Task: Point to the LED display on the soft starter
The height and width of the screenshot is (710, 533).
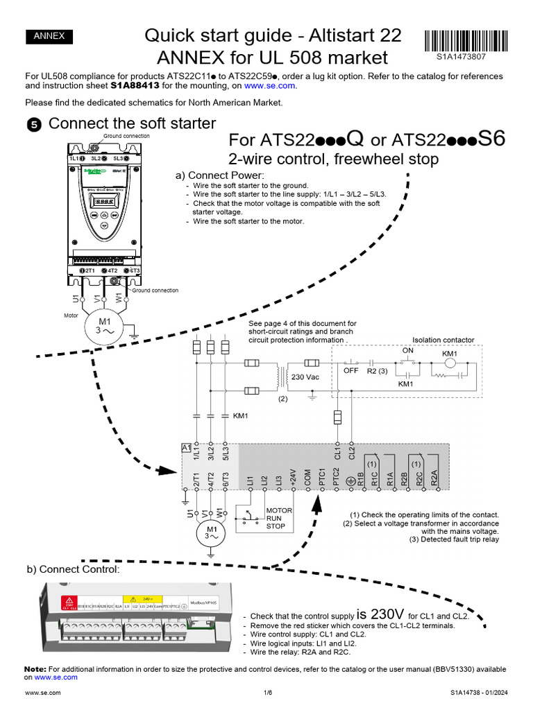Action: click(105, 202)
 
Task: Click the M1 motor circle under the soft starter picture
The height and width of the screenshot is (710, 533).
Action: click(104, 325)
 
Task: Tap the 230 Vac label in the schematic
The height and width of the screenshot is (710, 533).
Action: click(306, 377)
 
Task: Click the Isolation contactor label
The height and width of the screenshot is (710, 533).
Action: click(443, 340)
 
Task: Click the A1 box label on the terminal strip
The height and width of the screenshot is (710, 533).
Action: click(186, 449)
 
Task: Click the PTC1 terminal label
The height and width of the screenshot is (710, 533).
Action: click(322, 478)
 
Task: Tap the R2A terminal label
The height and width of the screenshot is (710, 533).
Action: click(434, 478)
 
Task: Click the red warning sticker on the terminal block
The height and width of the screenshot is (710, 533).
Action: click(69, 603)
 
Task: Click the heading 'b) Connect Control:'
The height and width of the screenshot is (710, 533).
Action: click(73, 569)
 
